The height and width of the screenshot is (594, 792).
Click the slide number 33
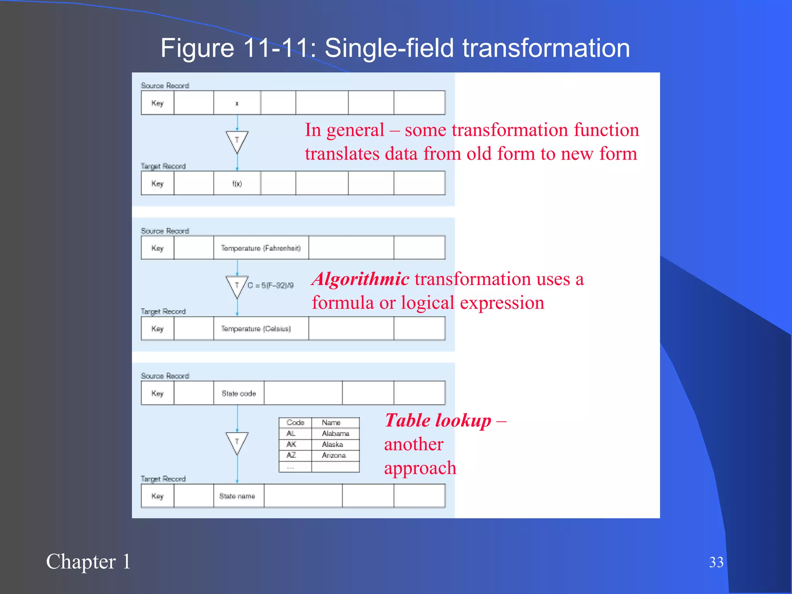(716, 562)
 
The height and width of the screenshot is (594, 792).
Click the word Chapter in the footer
(81, 562)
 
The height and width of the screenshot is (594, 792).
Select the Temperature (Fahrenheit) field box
(261, 248)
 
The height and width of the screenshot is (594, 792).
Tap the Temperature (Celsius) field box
(261, 329)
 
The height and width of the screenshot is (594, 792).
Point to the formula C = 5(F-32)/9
(270, 285)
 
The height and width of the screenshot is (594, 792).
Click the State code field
(239, 393)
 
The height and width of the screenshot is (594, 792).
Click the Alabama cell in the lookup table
(335, 434)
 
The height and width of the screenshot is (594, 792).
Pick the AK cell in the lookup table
(292, 444)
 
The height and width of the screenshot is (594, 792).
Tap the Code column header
(295, 422)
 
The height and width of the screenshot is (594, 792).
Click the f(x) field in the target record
(237, 184)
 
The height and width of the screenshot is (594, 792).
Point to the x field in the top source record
(237, 103)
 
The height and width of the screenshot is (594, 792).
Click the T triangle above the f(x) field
(237, 141)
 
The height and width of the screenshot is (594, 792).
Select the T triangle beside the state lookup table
(237, 442)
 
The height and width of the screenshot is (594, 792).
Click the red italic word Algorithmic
(360, 279)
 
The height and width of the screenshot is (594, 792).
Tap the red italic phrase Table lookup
(437, 420)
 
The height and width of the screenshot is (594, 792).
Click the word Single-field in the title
(389, 48)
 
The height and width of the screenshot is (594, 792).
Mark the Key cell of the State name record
(157, 496)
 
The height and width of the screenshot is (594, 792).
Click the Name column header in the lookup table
(331, 422)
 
